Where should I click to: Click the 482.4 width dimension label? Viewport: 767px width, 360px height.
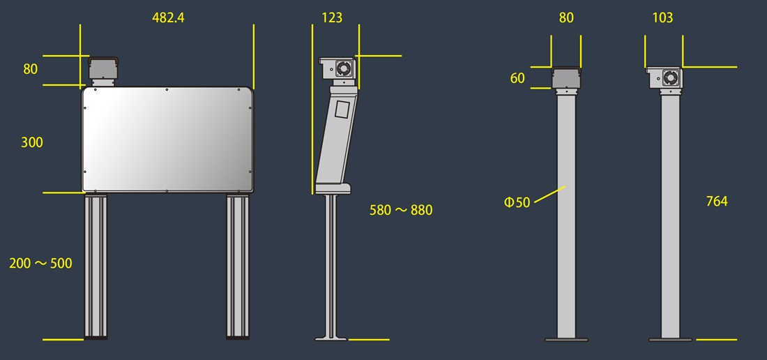168,18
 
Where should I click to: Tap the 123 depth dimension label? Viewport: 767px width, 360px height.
332,18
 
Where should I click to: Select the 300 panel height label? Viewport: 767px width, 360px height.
32,143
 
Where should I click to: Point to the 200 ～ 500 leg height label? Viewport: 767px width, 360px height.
40,264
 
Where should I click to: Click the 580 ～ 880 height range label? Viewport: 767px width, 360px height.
401,210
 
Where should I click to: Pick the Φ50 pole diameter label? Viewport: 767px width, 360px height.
517,202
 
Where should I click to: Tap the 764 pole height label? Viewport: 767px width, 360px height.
717,201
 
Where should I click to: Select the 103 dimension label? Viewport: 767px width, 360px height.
663,18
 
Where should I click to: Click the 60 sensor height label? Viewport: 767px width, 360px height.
517,78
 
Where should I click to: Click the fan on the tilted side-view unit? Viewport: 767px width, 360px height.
343,68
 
